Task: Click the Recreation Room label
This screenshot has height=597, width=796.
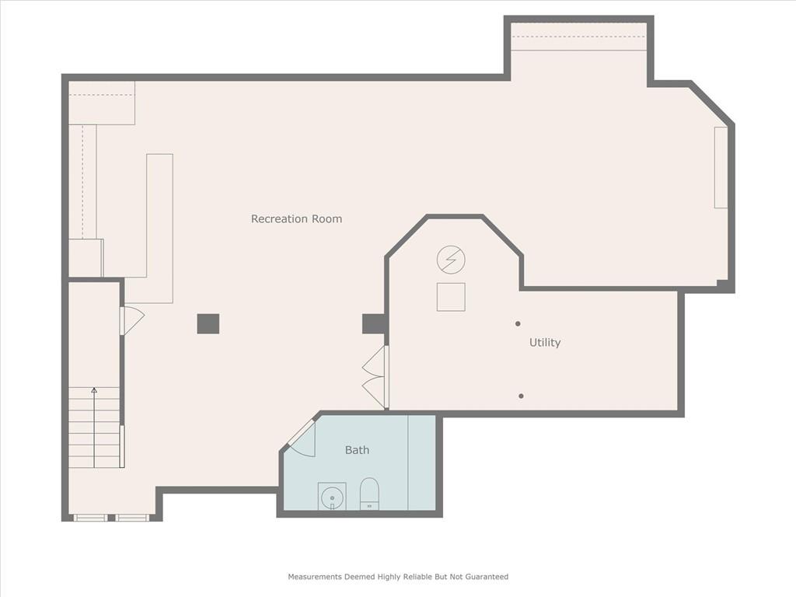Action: pyautogui.click(x=296, y=218)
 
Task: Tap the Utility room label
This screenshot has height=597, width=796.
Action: pyautogui.click(x=545, y=343)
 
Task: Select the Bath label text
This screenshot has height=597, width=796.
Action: pyautogui.click(x=357, y=450)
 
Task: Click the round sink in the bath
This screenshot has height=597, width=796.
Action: pyautogui.click(x=332, y=495)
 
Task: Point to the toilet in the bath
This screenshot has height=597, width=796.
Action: pyautogui.click(x=369, y=493)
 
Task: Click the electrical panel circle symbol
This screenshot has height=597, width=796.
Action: pyautogui.click(x=451, y=260)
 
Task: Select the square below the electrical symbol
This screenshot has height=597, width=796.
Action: pyautogui.click(x=451, y=297)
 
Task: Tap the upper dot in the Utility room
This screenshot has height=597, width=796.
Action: pyautogui.click(x=518, y=323)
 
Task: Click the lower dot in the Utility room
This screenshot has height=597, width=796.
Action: pyautogui.click(x=521, y=396)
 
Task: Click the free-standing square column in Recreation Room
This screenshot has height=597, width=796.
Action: pyautogui.click(x=208, y=324)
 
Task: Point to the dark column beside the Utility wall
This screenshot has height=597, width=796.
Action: pyautogui.click(x=373, y=324)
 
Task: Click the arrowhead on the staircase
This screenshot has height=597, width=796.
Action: pyautogui.click(x=94, y=390)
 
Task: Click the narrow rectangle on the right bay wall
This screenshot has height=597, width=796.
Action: pyautogui.click(x=721, y=168)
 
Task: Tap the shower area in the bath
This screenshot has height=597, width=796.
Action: pyautogui.click(x=422, y=463)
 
